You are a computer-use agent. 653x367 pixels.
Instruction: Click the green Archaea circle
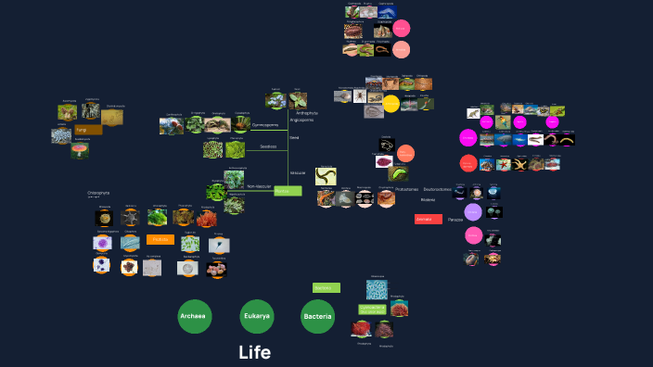(195, 317)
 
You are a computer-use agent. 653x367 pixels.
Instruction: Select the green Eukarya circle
(257, 317)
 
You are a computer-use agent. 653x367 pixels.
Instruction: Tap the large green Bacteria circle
(318, 317)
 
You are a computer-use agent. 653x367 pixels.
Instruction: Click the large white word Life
(254, 352)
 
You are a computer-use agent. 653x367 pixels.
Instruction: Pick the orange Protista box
(160, 239)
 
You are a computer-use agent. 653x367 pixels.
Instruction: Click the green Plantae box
(288, 191)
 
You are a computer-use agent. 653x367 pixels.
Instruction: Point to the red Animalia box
(428, 220)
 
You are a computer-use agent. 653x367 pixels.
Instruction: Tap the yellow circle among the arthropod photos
(391, 104)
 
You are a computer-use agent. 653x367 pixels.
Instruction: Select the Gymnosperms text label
(265, 124)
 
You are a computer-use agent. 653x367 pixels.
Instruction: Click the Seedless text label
(268, 146)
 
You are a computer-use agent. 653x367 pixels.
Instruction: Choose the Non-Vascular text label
(260, 186)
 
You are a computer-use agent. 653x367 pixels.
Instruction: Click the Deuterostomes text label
(439, 189)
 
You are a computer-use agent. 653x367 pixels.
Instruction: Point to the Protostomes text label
(406, 189)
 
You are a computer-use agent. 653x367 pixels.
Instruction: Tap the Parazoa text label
(455, 220)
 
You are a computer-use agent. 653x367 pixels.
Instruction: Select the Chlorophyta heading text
(98, 193)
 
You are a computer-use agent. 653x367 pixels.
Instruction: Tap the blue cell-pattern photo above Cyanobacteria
(377, 289)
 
